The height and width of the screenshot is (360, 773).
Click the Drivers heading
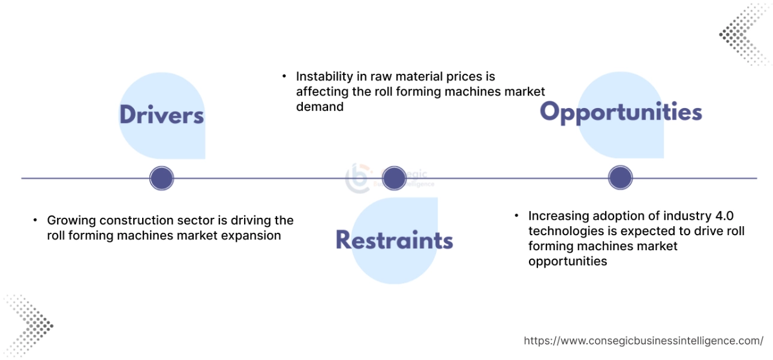(x=161, y=115)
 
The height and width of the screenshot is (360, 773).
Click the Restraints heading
(x=394, y=240)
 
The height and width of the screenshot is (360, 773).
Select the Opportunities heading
(x=621, y=112)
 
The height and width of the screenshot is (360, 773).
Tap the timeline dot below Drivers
(x=161, y=178)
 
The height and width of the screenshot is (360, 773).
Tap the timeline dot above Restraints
(x=394, y=178)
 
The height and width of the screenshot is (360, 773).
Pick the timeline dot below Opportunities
(x=621, y=178)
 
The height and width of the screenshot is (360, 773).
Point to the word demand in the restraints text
(x=320, y=107)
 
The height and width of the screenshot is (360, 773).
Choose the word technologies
(x=565, y=231)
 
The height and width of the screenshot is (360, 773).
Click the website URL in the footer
(x=643, y=341)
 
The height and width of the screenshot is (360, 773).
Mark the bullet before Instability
(x=284, y=77)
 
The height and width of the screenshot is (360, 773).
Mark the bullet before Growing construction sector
(x=35, y=220)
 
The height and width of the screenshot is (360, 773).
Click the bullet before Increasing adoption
(x=516, y=215)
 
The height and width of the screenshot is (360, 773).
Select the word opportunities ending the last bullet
(x=567, y=261)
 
